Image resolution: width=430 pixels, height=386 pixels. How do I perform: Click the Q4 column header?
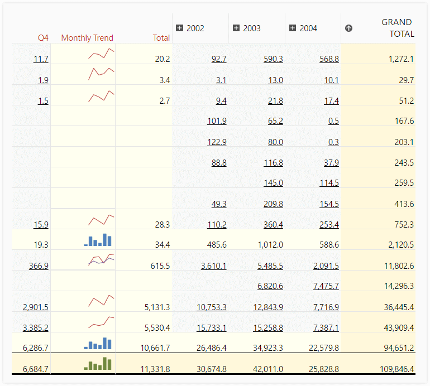click(x=43, y=38)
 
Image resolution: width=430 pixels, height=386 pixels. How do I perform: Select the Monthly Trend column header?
click(x=87, y=38)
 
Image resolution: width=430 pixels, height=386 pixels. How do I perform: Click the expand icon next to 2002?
click(x=180, y=28)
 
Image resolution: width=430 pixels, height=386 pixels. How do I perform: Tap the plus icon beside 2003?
click(x=236, y=28)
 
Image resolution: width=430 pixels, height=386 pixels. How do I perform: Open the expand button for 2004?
click(x=293, y=28)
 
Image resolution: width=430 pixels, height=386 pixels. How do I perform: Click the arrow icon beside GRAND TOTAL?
click(x=349, y=28)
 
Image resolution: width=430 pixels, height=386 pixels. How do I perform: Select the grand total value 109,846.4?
click(x=393, y=369)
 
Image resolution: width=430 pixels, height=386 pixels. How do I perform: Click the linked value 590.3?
click(x=273, y=59)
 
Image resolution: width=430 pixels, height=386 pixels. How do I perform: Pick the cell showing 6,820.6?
click(x=270, y=286)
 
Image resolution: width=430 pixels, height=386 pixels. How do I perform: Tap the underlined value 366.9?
click(x=39, y=266)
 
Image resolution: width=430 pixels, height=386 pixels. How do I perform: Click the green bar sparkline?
click(x=98, y=364)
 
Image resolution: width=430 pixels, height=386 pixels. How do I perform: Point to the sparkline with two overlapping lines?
click(x=101, y=259)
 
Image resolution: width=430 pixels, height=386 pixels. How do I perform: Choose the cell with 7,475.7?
click(x=326, y=286)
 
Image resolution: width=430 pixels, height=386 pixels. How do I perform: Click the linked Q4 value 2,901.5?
click(x=36, y=307)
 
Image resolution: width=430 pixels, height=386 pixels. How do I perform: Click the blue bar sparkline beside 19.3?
click(x=98, y=240)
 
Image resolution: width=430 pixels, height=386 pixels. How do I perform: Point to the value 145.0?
click(x=273, y=183)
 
